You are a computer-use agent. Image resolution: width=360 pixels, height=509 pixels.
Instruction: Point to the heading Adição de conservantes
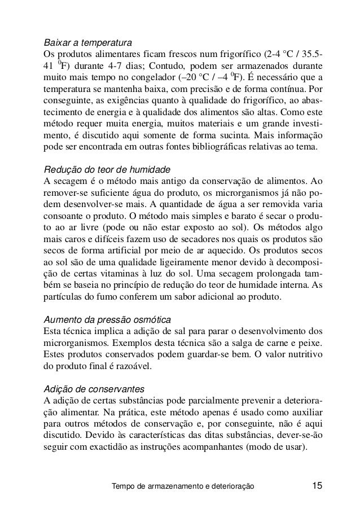point(94,389)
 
